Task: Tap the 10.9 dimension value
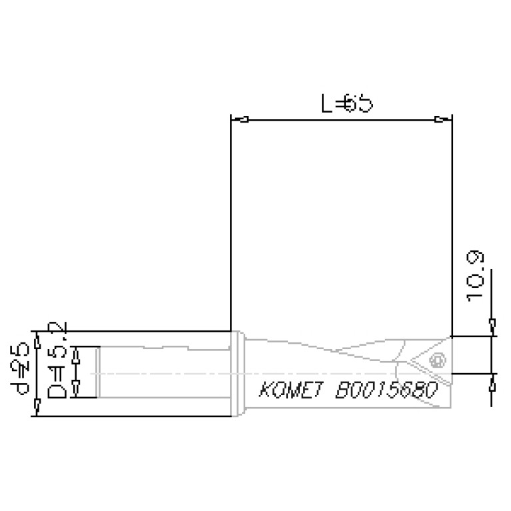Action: (x=476, y=277)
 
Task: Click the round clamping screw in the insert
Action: (x=438, y=361)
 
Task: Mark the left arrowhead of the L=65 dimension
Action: (x=244, y=120)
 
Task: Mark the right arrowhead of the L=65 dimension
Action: (x=439, y=120)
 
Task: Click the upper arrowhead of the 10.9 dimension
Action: (x=492, y=326)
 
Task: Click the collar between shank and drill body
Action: (x=238, y=374)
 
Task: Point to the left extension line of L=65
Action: (x=230, y=227)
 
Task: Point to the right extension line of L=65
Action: (x=452, y=227)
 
